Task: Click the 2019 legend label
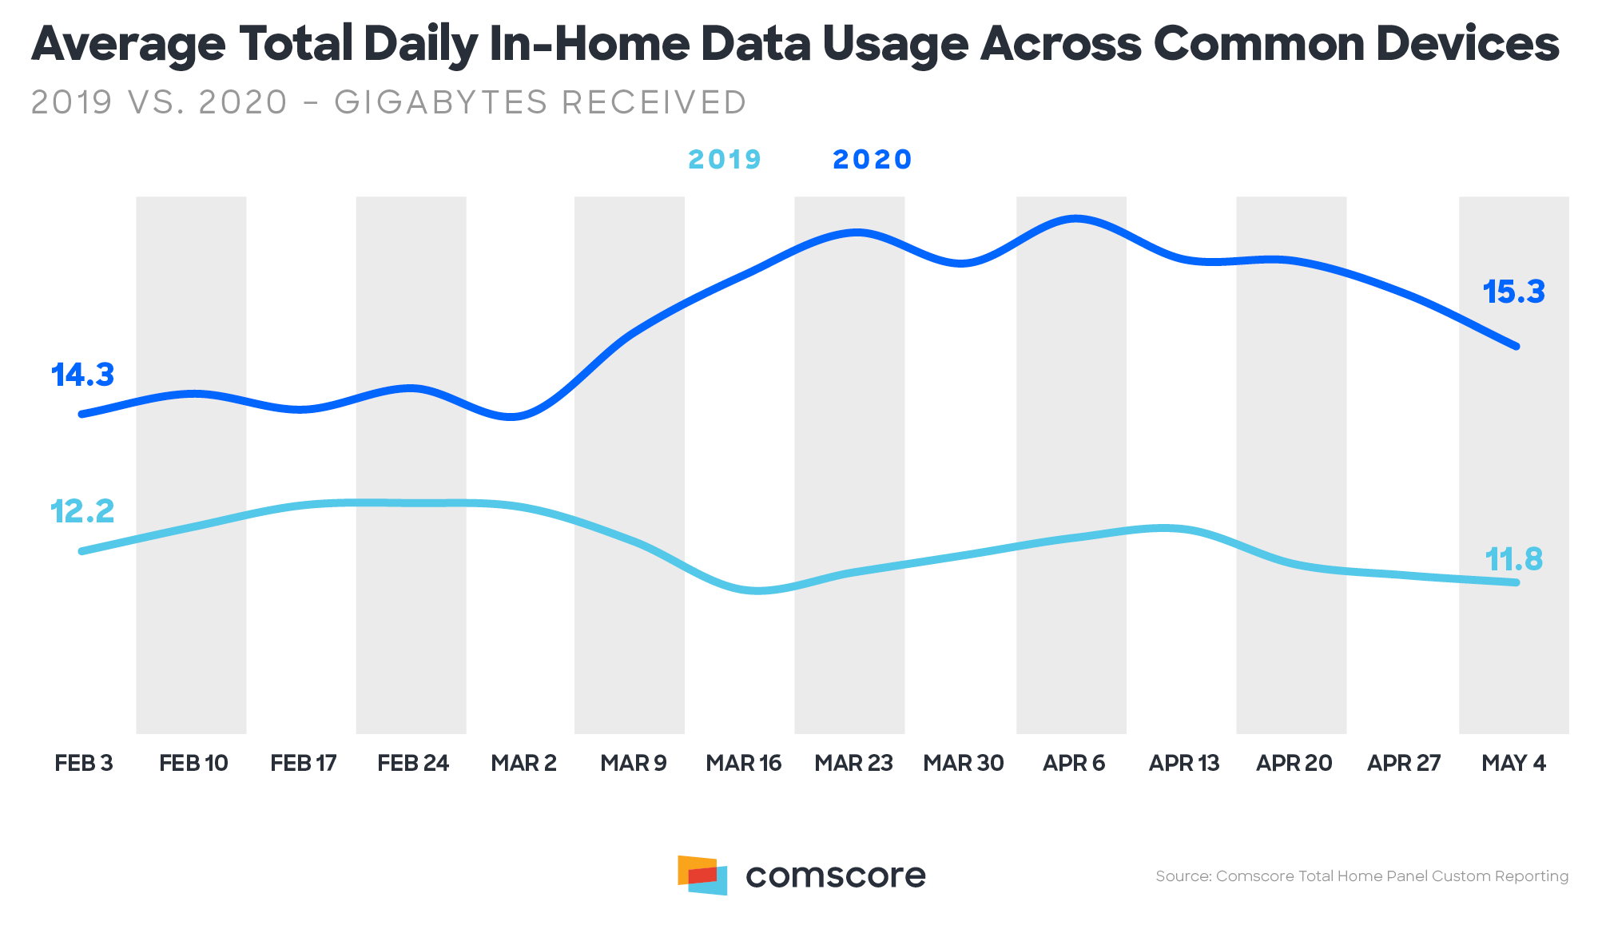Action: (725, 160)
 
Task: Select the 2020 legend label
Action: (872, 160)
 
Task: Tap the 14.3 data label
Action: (83, 375)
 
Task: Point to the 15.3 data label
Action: (1513, 292)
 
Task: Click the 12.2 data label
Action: (83, 511)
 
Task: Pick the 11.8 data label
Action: (1513, 559)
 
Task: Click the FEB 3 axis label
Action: (84, 764)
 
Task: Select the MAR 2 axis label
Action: (523, 764)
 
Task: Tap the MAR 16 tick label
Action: (743, 764)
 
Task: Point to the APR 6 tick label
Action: (1073, 764)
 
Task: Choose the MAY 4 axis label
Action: (1513, 764)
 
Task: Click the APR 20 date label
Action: (1294, 764)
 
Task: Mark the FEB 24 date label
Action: (413, 764)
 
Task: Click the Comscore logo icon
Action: (702, 876)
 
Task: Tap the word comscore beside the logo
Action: (835, 876)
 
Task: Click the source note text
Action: (1361, 876)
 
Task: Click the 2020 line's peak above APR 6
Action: (1076, 217)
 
